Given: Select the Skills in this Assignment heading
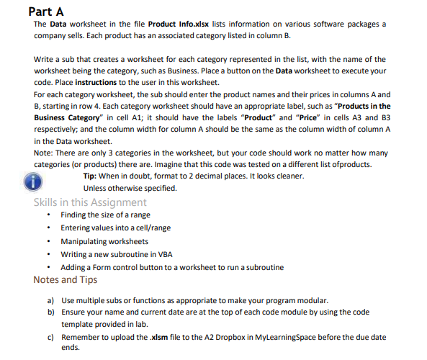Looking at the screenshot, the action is (90, 202).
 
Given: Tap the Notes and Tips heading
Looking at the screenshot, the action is (66, 279).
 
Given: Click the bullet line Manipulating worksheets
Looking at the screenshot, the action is (104, 241).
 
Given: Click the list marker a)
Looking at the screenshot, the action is (50, 300).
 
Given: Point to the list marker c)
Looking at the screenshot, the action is (50, 336).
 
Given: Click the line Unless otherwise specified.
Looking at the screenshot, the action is (130, 188).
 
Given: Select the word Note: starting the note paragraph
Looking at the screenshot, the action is (44, 153).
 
